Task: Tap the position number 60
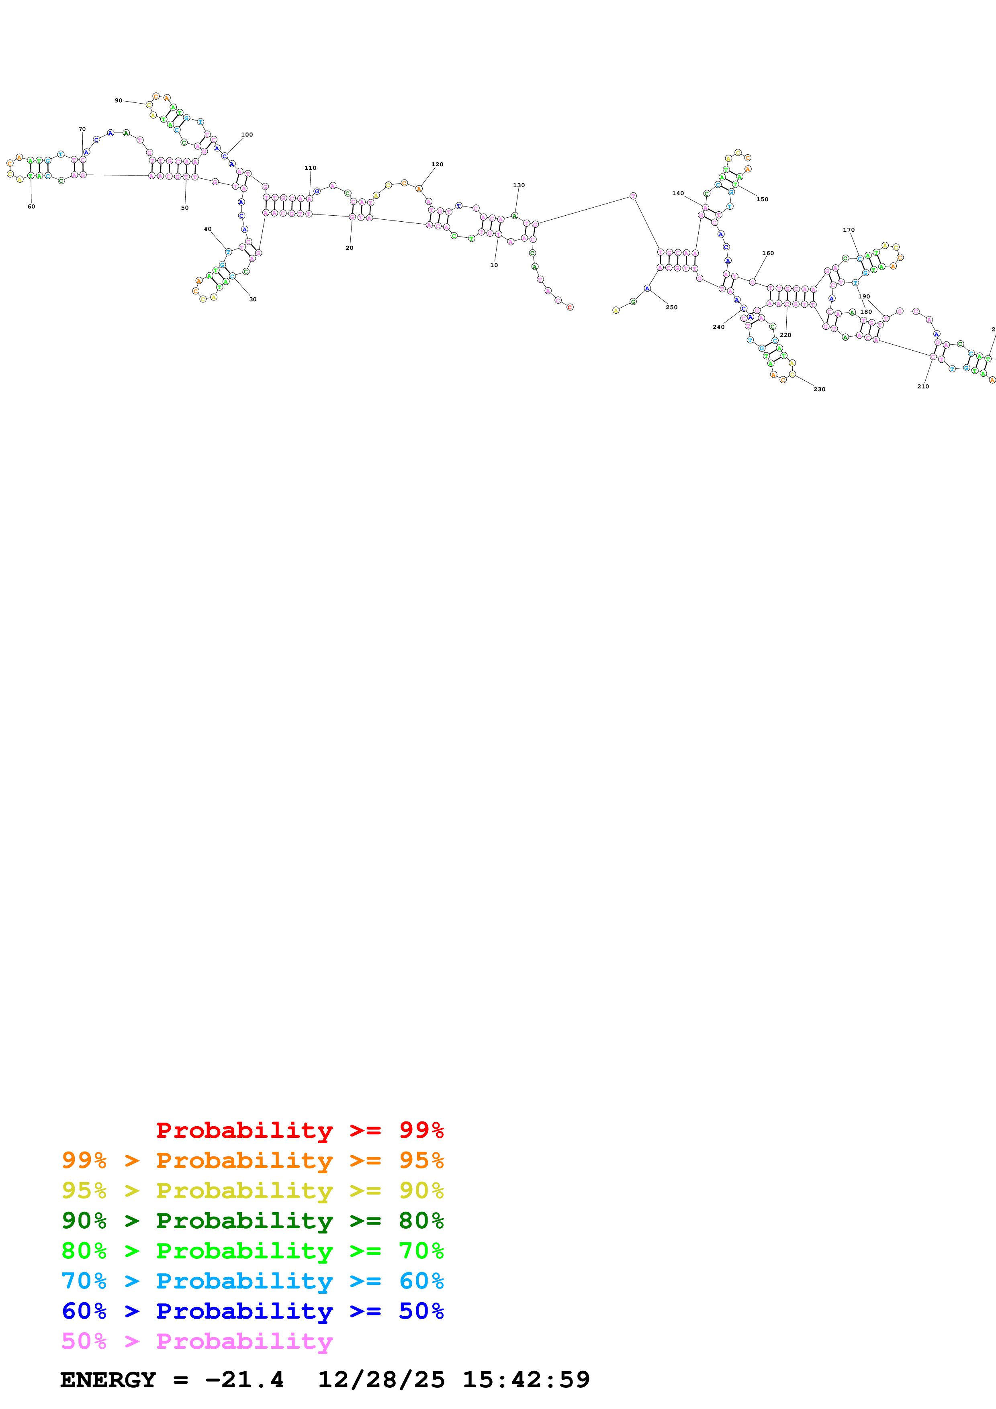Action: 31,207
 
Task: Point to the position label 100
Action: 247,135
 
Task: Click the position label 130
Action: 519,185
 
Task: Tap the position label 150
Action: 762,200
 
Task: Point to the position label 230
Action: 819,390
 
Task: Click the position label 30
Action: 253,300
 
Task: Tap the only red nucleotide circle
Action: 570,307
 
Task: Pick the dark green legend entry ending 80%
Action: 252,1221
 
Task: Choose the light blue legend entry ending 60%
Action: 252,1281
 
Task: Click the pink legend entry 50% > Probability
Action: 197,1342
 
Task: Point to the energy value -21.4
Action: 244,1380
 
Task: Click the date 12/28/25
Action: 381,1380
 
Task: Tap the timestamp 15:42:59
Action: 526,1380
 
